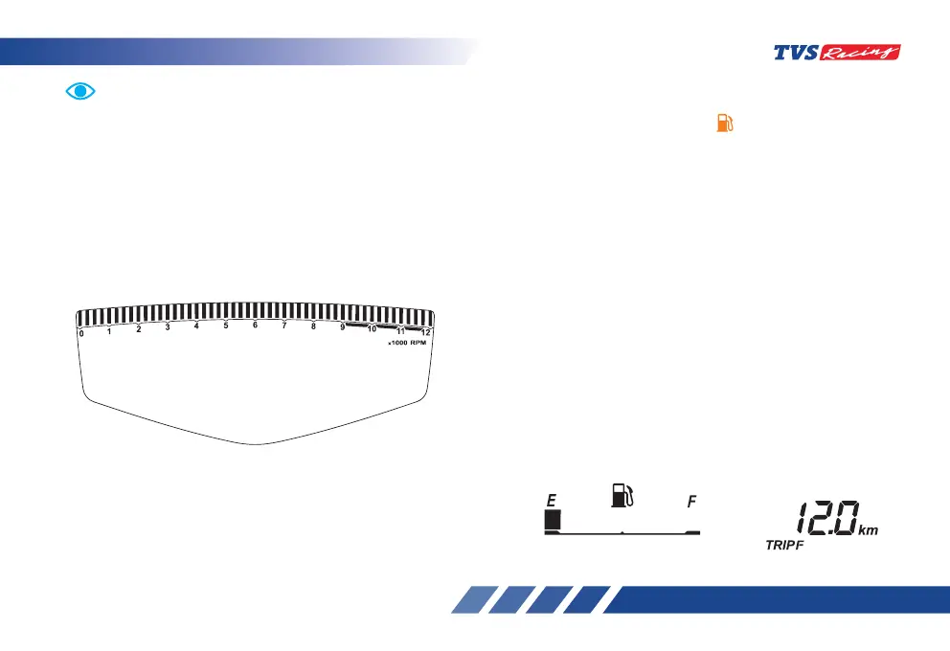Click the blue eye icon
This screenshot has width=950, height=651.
click(x=81, y=91)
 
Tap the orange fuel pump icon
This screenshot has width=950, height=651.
click(x=725, y=124)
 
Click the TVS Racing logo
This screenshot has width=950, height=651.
click(x=836, y=54)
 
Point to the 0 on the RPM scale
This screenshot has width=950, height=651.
click(x=81, y=333)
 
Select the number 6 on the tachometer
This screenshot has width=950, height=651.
click(x=255, y=325)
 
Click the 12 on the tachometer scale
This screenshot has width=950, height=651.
click(x=426, y=333)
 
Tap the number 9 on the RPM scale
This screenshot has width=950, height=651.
click(x=342, y=327)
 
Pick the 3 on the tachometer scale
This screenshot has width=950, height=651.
click(x=168, y=327)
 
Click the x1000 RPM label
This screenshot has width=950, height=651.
click(x=406, y=344)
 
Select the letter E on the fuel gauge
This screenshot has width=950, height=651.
click(x=551, y=500)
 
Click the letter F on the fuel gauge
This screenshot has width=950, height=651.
click(x=690, y=501)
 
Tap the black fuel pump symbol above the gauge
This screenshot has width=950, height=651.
click(x=622, y=494)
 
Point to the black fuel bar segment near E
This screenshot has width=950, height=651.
click(x=552, y=520)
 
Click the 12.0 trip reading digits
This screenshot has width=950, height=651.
click(x=822, y=521)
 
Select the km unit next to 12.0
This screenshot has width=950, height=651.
click(x=868, y=528)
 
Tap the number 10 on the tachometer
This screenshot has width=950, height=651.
click(x=372, y=328)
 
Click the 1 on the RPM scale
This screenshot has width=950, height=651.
click(x=109, y=331)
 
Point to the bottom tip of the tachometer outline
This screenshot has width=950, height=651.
click(x=257, y=443)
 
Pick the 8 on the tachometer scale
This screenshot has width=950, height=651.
click(x=313, y=325)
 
